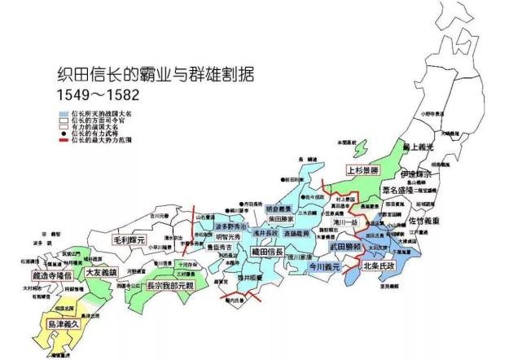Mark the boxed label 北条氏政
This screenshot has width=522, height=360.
click(x=380, y=266)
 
